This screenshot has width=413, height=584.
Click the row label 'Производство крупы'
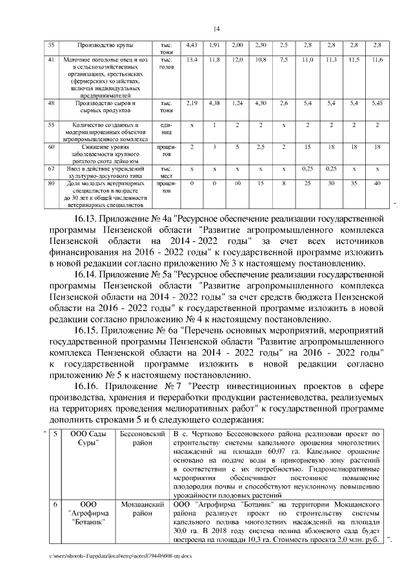[105, 45]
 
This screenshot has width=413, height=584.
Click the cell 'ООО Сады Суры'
[88, 439]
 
